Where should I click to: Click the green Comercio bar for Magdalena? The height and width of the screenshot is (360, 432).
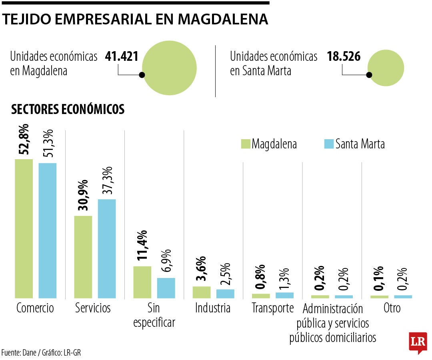click(x=24, y=228)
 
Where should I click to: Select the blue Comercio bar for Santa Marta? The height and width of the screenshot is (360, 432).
click(x=48, y=230)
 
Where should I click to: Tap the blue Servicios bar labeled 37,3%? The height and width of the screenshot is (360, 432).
click(x=107, y=248)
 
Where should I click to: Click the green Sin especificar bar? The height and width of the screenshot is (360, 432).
click(x=142, y=282)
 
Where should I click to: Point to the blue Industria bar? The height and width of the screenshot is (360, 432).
click(x=225, y=294)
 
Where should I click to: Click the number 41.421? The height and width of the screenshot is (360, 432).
click(x=122, y=56)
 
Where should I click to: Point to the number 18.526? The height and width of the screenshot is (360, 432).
click(x=344, y=56)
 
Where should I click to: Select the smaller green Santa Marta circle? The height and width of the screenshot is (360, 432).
click(x=386, y=68)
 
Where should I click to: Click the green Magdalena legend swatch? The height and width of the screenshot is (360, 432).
click(x=245, y=144)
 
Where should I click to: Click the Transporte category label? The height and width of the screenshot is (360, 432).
click(x=273, y=308)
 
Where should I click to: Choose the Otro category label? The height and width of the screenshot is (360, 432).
click(x=392, y=308)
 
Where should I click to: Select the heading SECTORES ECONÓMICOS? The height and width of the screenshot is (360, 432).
click(x=68, y=110)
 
